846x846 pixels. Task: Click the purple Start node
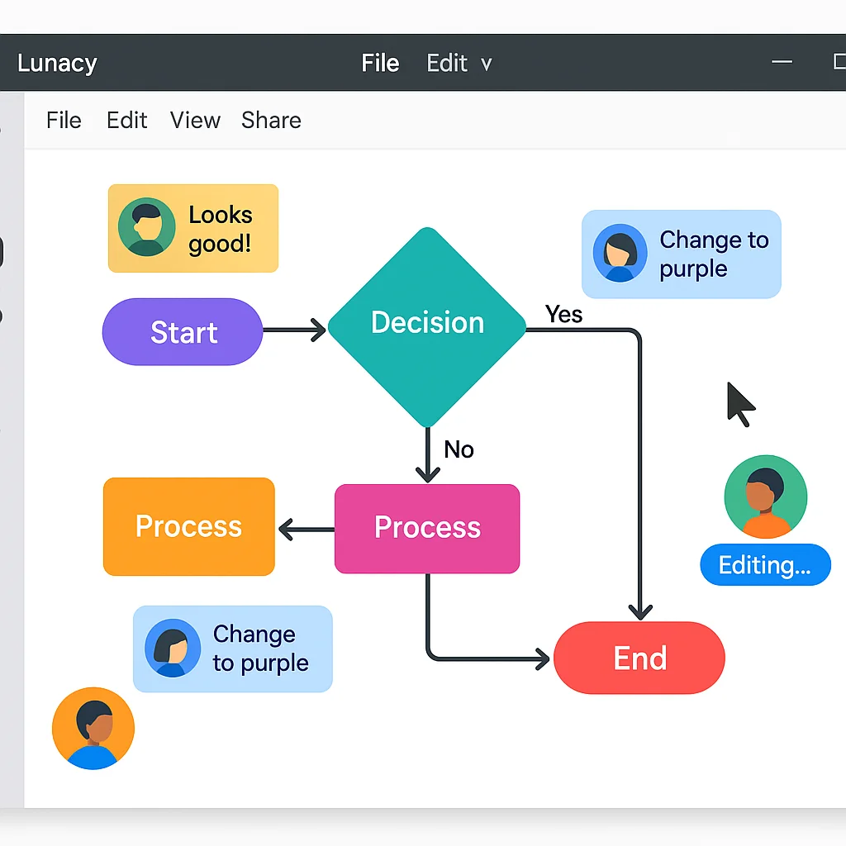(183, 332)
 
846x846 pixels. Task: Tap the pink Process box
(427, 528)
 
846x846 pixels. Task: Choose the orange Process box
(188, 526)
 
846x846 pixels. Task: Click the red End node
(639, 658)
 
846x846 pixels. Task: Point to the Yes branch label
(564, 315)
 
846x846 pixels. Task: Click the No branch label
(459, 449)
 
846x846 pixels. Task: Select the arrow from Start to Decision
(294, 331)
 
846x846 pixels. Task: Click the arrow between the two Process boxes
(306, 529)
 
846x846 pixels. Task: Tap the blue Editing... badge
(764, 565)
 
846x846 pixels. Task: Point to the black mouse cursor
(739, 402)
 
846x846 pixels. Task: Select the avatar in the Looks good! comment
(147, 227)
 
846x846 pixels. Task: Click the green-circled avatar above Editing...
(765, 497)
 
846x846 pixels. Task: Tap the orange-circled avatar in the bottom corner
(93, 729)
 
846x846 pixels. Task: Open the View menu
(195, 121)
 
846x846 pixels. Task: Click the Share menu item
(271, 121)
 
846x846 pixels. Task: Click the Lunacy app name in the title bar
(57, 64)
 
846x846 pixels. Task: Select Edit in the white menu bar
(126, 121)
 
